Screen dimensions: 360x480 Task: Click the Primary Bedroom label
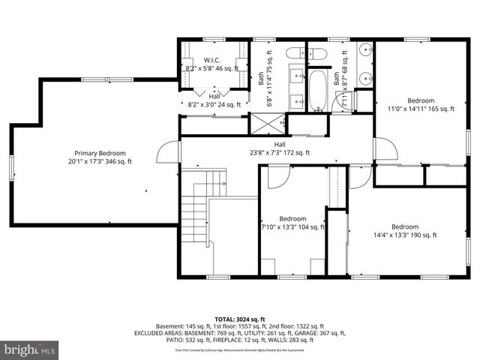coord(99,152)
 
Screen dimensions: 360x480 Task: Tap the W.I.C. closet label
coord(212,59)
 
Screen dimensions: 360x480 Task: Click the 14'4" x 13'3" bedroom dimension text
coord(405,235)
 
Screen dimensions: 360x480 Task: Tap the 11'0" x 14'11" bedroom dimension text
coord(421,109)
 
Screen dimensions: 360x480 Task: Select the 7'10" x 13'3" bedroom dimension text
coord(292,227)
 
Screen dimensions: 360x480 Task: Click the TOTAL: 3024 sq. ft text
coord(240,318)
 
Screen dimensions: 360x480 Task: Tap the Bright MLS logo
coord(30,349)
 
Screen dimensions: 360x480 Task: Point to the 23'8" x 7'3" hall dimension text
coord(279,153)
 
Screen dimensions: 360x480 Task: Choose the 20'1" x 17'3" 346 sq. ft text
coord(99,161)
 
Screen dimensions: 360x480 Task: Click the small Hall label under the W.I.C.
coord(214,97)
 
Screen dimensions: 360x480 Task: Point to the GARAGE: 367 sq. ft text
coord(320,333)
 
